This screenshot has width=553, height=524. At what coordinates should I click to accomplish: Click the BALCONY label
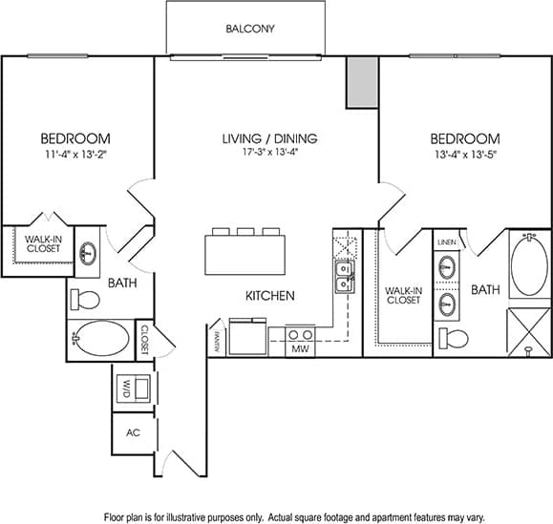click(x=250, y=29)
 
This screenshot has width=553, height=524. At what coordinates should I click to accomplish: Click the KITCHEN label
click(x=269, y=296)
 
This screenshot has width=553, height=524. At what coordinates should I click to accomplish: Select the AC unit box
click(x=133, y=431)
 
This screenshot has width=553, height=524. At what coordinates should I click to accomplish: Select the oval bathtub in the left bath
click(x=101, y=339)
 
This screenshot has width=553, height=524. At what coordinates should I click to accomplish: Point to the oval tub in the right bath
click(x=529, y=265)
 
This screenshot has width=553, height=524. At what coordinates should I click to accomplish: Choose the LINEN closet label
click(x=447, y=243)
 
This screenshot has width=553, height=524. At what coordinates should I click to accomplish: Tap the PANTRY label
click(x=217, y=340)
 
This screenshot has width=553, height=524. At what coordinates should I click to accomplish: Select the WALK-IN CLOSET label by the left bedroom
click(x=42, y=244)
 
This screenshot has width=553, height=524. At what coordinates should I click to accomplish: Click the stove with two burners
click(x=301, y=335)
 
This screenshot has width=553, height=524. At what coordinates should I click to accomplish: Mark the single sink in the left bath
click(x=88, y=254)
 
